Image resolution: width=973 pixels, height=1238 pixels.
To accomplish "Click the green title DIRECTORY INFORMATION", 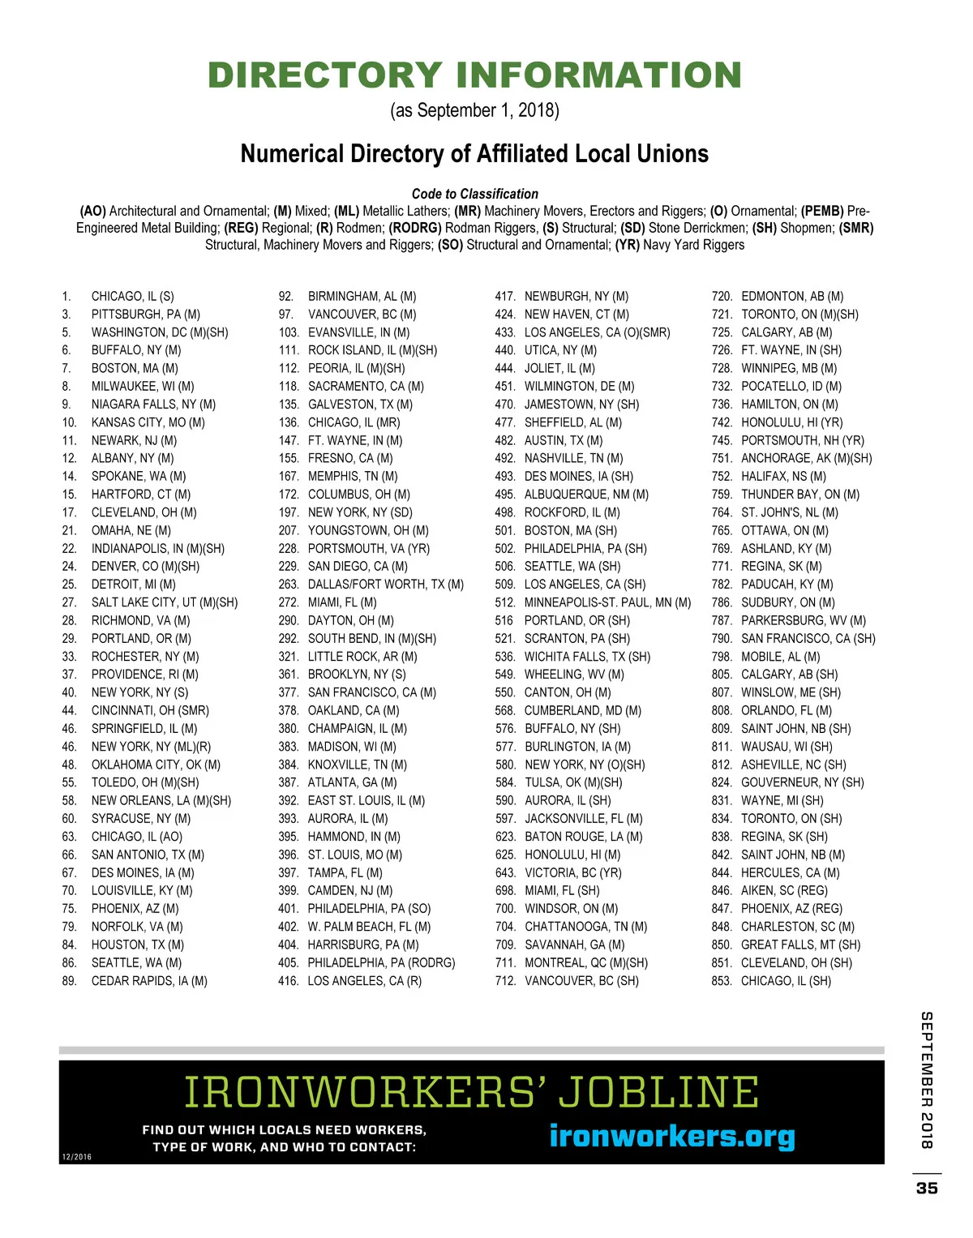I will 474,75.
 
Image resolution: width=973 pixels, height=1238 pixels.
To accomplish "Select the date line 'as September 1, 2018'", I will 474,110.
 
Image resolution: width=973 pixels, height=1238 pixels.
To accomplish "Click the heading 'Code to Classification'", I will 474,194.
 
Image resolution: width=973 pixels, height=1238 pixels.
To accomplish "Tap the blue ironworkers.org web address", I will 672,1136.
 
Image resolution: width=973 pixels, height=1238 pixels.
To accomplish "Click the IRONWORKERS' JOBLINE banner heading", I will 472,1092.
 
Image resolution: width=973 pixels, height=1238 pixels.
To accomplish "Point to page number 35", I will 927,1188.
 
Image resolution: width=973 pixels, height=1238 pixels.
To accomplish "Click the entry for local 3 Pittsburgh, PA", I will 145,315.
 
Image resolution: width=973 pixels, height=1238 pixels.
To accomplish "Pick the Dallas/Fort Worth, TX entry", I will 385,585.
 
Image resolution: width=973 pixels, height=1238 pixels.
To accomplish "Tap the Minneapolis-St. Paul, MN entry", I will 607,602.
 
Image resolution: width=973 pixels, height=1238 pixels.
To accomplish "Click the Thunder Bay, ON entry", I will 799,495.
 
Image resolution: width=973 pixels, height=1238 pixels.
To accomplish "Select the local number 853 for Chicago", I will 721,981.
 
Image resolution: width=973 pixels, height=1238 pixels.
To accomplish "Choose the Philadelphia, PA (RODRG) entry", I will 381,963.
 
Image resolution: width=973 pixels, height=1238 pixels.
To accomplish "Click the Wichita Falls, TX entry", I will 587,657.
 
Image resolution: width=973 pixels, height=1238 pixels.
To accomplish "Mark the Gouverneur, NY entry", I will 802,782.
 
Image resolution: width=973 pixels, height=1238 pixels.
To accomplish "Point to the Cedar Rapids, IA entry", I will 149,981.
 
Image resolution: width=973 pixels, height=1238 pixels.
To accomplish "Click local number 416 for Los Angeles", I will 288,981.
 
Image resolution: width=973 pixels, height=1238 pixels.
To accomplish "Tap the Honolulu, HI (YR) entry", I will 791,422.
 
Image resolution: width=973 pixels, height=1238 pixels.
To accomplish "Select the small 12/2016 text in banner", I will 76,1157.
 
